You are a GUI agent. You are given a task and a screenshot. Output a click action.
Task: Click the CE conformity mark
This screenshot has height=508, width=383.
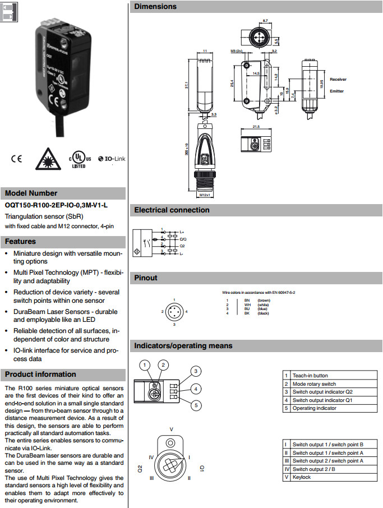(x=16, y=159)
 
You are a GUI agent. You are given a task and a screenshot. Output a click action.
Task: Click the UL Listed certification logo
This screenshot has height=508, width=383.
(x=79, y=160)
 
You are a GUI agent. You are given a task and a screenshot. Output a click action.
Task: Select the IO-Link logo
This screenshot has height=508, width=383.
(x=112, y=159)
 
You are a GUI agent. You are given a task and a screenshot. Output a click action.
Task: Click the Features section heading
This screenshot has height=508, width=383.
(x=21, y=242)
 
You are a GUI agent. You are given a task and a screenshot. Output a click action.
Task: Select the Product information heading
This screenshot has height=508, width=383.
(x=40, y=375)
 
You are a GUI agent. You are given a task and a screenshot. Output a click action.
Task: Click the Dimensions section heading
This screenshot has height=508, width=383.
(x=155, y=7)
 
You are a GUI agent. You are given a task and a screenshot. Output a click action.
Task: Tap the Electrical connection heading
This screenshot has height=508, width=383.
(x=172, y=210)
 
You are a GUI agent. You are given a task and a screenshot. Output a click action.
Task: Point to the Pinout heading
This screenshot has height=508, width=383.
(x=146, y=278)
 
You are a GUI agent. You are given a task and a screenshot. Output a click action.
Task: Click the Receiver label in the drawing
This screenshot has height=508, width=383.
(x=338, y=80)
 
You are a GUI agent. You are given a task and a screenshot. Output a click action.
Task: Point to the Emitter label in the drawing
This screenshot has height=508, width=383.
(x=337, y=91)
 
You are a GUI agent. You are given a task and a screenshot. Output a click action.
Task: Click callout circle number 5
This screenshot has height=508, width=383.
(x=196, y=405)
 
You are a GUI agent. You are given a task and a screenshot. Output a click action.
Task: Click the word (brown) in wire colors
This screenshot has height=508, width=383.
(x=264, y=301)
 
